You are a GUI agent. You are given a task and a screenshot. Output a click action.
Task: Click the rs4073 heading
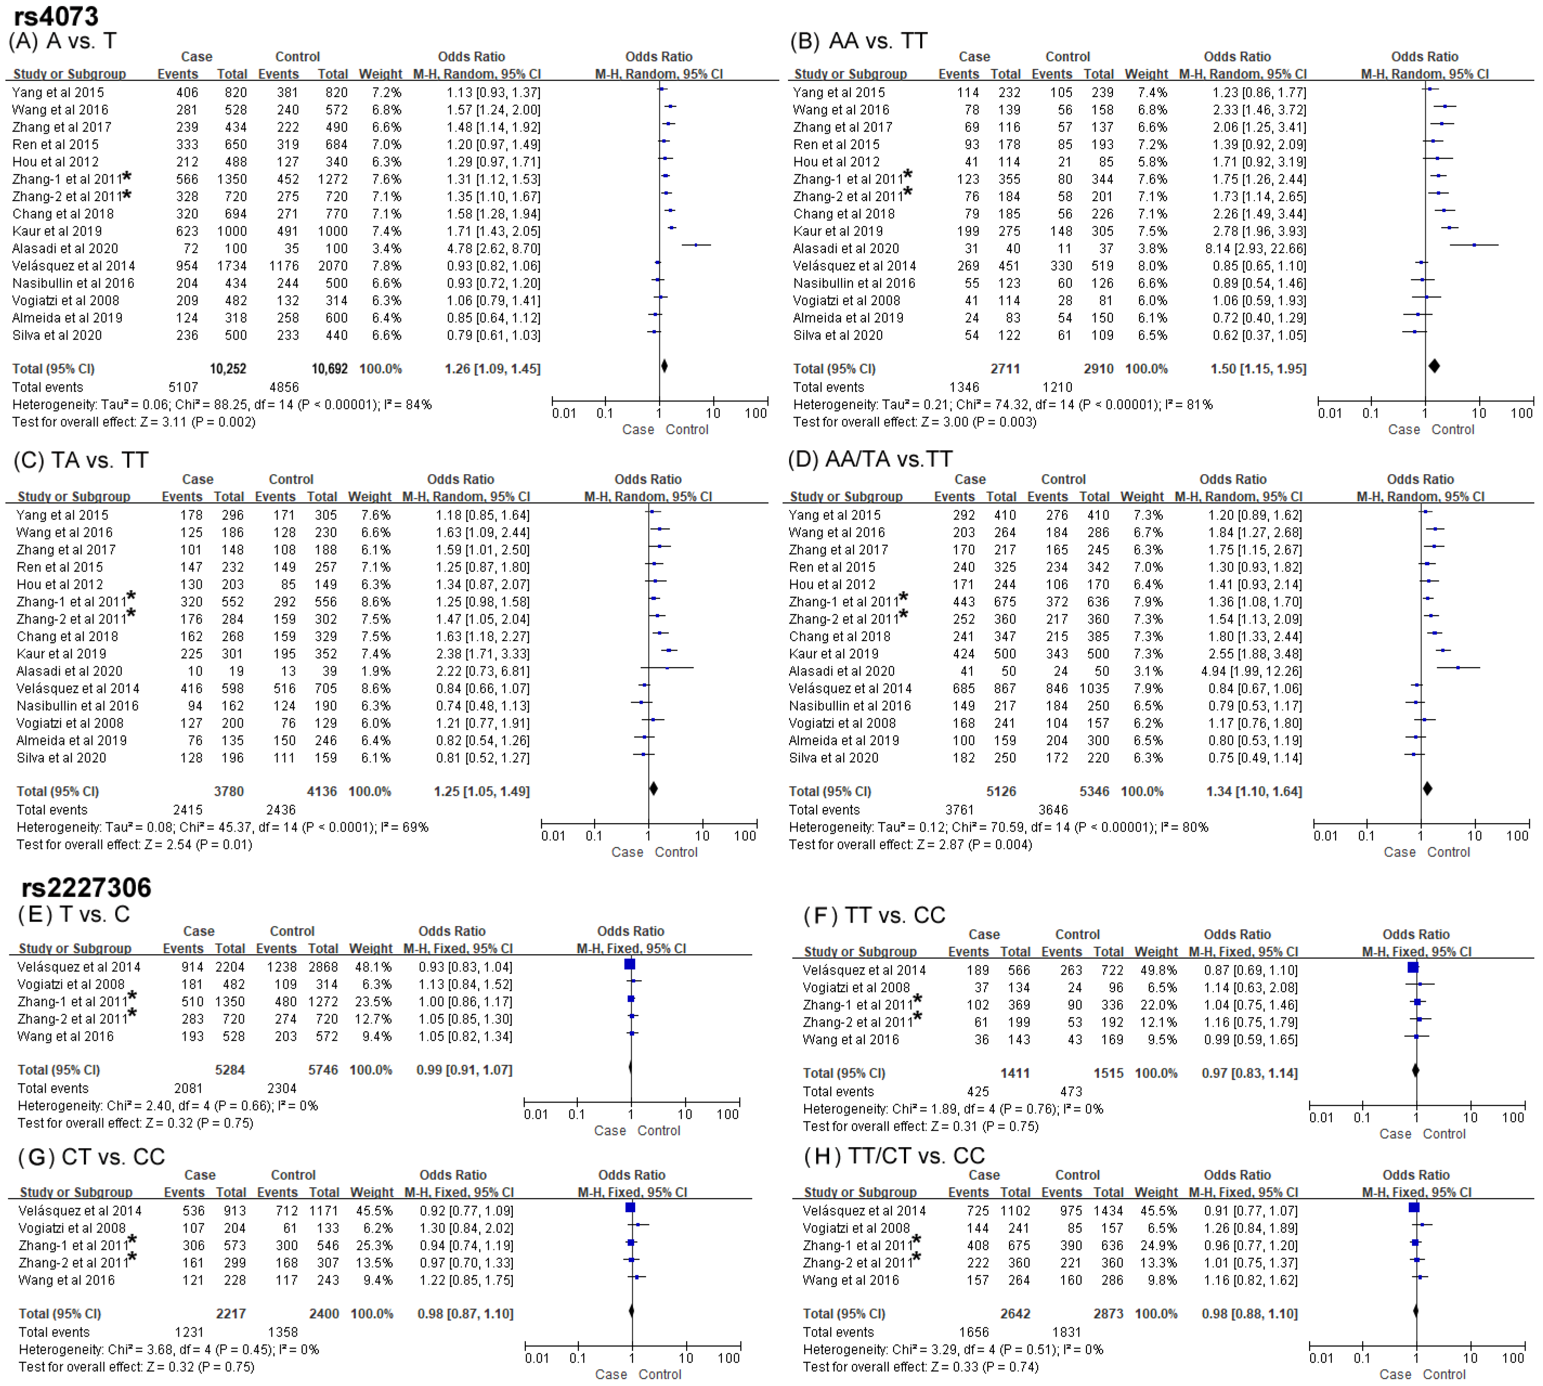(x=56, y=16)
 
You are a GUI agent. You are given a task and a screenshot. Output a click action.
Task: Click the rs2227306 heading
(x=86, y=887)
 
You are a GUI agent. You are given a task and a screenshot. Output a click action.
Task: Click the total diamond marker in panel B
(x=1434, y=366)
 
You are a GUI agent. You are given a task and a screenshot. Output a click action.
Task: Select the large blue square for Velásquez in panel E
(x=629, y=964)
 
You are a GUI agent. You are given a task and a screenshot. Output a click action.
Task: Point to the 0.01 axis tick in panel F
(x=1321, y=1118)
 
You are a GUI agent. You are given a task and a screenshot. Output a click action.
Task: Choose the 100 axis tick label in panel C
(x=745, y=836)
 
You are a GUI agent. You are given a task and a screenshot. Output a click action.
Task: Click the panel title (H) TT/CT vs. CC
(x=894, y=1156)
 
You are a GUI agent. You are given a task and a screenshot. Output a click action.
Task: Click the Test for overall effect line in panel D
(x=910, y=845)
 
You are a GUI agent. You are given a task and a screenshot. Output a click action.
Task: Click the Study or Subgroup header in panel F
(x=860, y=952)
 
